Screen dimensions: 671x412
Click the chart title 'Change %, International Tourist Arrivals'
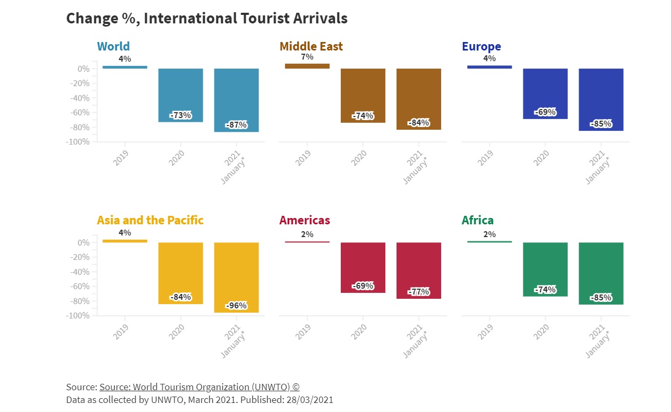207,19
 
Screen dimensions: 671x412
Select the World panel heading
113,46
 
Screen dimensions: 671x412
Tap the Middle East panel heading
311,46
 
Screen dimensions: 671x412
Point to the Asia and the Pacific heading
150,220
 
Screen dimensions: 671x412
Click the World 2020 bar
180,95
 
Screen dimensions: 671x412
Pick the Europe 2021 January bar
601,99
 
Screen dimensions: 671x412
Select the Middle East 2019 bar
307,66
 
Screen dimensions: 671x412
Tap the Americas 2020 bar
363,267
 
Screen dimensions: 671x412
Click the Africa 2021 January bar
601,273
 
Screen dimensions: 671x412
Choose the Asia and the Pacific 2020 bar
180,273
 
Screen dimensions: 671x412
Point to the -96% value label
236,306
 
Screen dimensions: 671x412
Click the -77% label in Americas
419,292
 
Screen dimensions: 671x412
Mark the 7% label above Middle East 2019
307,57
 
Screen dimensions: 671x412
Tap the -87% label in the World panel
236,125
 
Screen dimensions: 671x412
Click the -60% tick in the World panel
80,113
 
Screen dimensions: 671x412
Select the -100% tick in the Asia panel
78,316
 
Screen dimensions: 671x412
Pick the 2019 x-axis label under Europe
485,158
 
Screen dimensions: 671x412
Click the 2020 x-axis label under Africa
541,332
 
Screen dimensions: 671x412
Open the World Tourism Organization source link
200,387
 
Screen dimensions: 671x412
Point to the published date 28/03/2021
309,400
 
